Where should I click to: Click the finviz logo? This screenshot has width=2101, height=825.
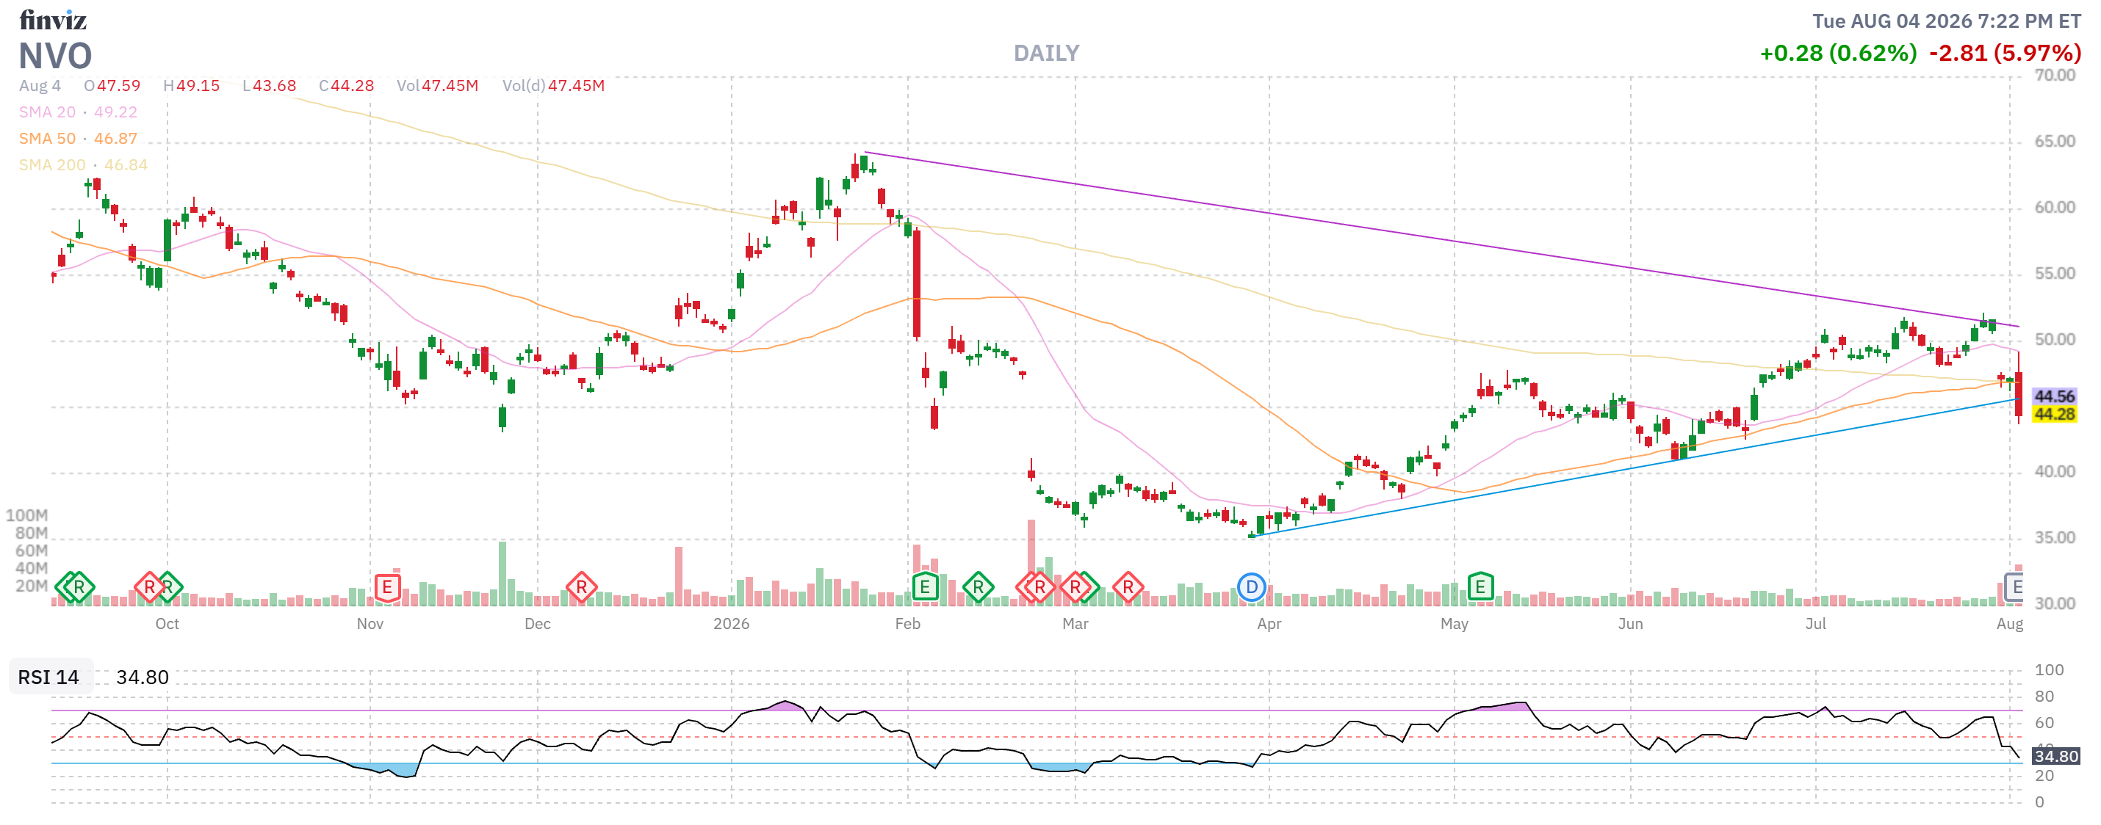(x=53, y=19)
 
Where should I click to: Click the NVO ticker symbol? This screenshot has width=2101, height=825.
(x=55, y=56)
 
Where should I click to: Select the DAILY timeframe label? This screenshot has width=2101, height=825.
(x=1046, y=53)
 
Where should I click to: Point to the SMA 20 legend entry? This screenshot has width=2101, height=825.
(x=79, y=112)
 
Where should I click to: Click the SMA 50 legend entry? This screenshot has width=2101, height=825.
(x=79, y=139)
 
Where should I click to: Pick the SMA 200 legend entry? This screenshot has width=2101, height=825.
(x=83, y=164)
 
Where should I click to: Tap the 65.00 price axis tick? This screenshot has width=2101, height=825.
(x=2055, y=141)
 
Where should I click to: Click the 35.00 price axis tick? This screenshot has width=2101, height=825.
(x=2055, y=537)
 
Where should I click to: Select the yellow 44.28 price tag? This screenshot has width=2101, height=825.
(x=2054, y=414)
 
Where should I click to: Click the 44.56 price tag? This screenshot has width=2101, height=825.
(x=2054, y=396)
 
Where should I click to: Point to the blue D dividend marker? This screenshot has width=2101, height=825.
(x=1251, y=587)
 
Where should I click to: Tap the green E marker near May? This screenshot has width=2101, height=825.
(x=1480, y=587)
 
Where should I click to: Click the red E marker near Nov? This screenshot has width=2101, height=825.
(x=386, y=587)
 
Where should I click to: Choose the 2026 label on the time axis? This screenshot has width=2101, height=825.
(x=731, y=624)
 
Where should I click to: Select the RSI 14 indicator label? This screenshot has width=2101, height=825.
(x=49, y=677)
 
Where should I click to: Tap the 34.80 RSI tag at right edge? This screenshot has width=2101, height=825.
(x=2055, y=756)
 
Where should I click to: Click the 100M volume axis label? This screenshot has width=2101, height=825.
(x=27, y=515)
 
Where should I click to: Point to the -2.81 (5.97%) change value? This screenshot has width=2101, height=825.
(x=2005, y=53)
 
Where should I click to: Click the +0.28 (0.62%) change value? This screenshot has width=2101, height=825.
(x=1838, y=53)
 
